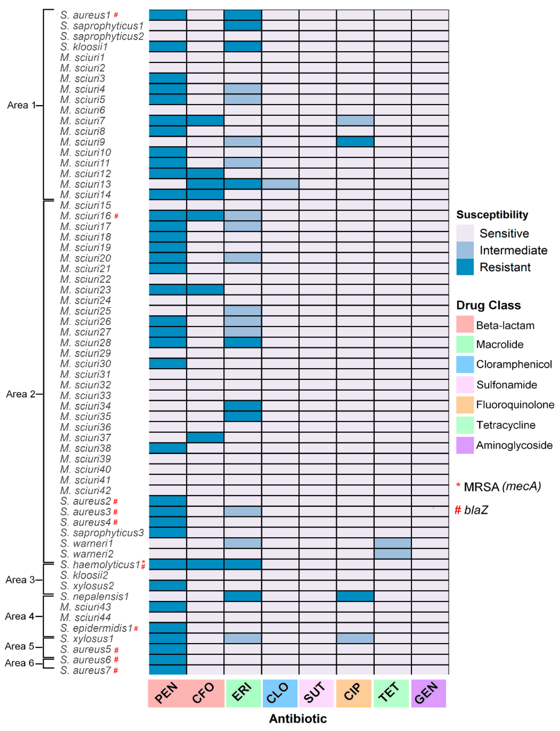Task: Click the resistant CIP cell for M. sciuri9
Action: click(x=355, y=141)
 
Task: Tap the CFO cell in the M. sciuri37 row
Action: click(x=205, y=437)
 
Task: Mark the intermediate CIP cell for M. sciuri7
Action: click(x=355, y=120)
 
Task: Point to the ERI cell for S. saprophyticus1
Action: click(x=243, y=25)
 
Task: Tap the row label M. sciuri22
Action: click(x=86, y=279)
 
